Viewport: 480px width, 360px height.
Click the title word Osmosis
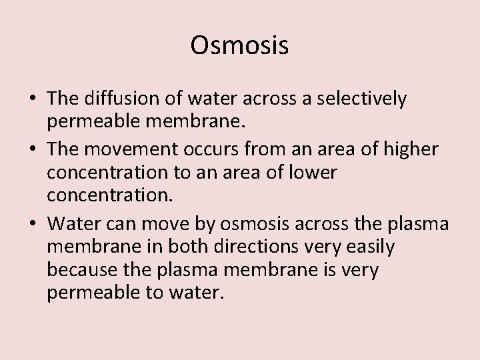(x=239, y=45)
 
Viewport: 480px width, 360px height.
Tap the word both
(x=193, y=247)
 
